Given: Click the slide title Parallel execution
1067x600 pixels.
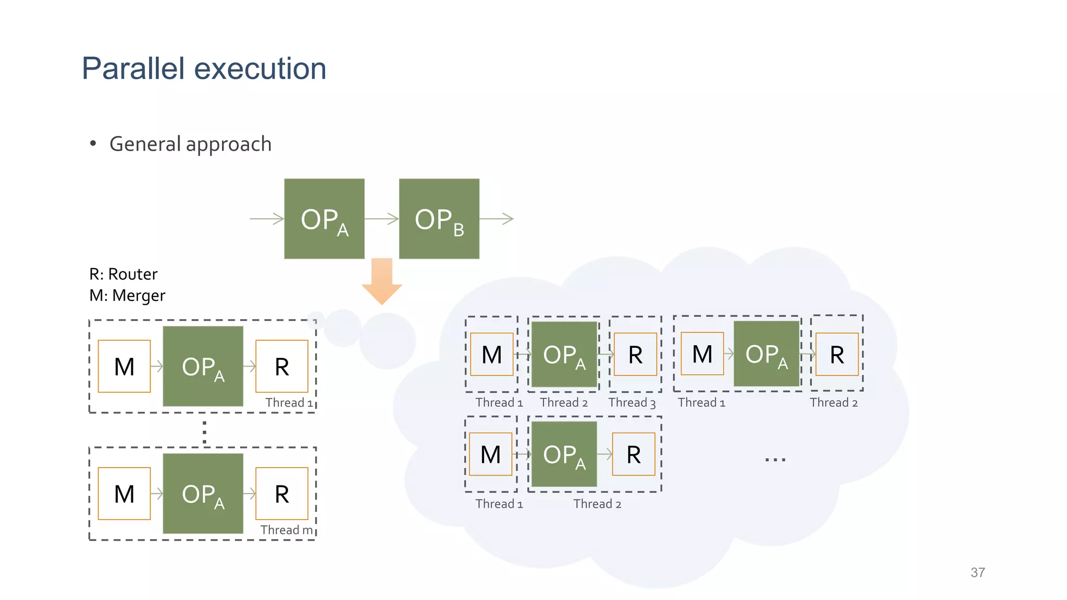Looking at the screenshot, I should point(204,68).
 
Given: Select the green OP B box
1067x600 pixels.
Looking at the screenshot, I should point(439,219).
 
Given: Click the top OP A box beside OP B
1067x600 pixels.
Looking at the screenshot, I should point(324,219).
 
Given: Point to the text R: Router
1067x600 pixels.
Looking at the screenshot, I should point(123,274).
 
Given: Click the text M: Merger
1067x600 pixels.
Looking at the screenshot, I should point(127,295).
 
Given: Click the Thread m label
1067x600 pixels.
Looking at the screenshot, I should point(287,530).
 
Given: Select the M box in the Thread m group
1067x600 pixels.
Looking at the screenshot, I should point(124,494).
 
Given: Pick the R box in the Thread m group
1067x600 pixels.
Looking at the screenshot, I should point(281,494).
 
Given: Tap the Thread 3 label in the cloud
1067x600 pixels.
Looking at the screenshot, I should point(631,403).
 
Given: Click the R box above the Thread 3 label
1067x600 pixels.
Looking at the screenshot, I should point(635,355).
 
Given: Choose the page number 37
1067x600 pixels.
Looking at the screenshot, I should point(977,572).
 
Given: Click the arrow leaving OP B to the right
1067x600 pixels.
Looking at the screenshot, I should point(497,219).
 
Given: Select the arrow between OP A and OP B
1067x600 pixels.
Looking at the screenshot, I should point(381,219).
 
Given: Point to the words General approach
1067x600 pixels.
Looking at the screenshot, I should point(190,144).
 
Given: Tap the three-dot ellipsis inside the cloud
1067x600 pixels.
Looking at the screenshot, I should point(775,459).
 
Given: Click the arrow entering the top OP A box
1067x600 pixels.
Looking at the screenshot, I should point(267,219).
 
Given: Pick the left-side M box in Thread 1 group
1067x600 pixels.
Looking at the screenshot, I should point(124,366).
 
